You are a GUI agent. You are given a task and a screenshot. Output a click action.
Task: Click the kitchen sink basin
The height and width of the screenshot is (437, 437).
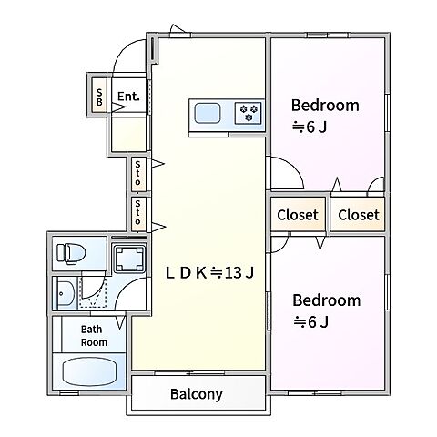tap(208, 113)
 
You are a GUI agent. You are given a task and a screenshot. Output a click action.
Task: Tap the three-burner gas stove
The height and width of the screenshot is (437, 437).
tap(248, 113)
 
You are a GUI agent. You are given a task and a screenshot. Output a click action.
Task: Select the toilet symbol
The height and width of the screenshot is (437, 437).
tap(71, 253)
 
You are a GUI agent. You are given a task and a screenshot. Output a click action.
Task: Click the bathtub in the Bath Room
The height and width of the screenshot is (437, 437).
tap(89, 371)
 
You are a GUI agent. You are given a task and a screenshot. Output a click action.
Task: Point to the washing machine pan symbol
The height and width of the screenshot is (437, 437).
tap(129, 259)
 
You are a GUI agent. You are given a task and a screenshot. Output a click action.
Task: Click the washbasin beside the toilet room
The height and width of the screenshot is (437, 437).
tap(65, 293)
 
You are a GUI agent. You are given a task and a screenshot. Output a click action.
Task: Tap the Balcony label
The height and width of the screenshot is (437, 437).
tap(197, 394)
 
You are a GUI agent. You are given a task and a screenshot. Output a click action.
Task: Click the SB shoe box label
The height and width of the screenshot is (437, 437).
tap(99, 97)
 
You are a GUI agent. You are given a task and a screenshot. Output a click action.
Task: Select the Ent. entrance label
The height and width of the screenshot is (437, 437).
tap(128, 97)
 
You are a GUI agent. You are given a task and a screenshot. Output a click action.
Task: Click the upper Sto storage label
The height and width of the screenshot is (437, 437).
tap(137, 173)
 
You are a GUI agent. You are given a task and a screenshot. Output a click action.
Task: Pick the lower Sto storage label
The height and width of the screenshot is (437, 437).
tap(137, 212)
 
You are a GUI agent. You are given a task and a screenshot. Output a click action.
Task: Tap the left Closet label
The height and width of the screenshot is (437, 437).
tap(298, 215)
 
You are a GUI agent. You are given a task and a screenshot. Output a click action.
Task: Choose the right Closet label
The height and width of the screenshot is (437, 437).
tap(359, 215)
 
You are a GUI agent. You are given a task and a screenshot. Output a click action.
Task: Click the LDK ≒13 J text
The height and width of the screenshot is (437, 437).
tap(209, 272)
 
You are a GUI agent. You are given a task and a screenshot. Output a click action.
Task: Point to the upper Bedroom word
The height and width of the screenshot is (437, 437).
tap(325, 106)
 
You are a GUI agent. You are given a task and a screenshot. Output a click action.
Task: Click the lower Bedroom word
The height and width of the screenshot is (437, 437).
tap(327, 300)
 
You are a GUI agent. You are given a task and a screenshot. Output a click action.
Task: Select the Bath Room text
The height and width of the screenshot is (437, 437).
tap(94, 336)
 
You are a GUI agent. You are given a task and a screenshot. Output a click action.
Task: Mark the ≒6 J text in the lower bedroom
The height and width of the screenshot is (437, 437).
tap(310, 321)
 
